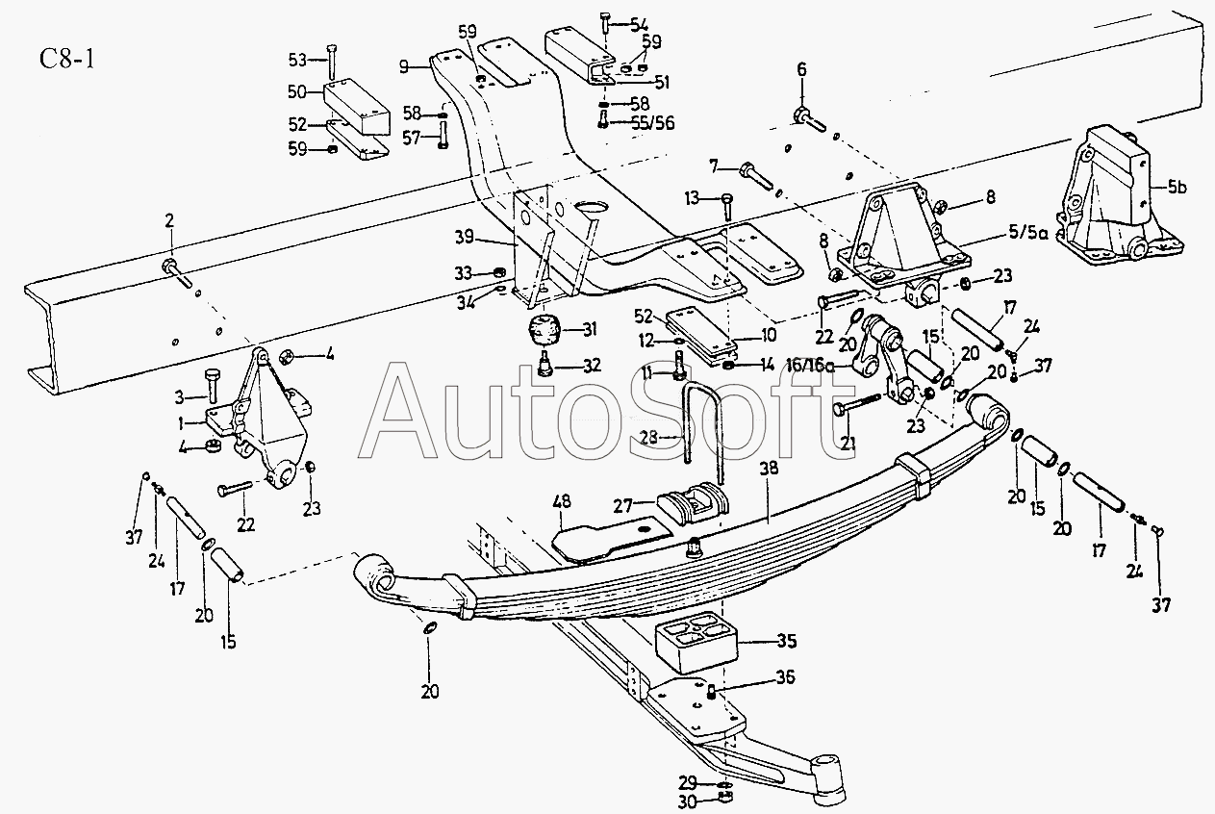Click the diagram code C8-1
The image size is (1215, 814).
coord(67,59)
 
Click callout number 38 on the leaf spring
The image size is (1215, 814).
coord(770,468)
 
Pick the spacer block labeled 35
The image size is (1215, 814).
coord(696,642)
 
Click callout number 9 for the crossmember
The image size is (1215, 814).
coord(403,67)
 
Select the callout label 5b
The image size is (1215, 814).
coord(1177,188)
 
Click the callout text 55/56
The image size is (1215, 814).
coord(653,124)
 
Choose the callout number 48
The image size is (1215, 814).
coord(562,502)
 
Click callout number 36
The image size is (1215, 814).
coord(785,676)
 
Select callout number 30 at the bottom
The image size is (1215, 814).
coord(687,802)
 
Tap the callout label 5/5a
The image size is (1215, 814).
coord(1027,234)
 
